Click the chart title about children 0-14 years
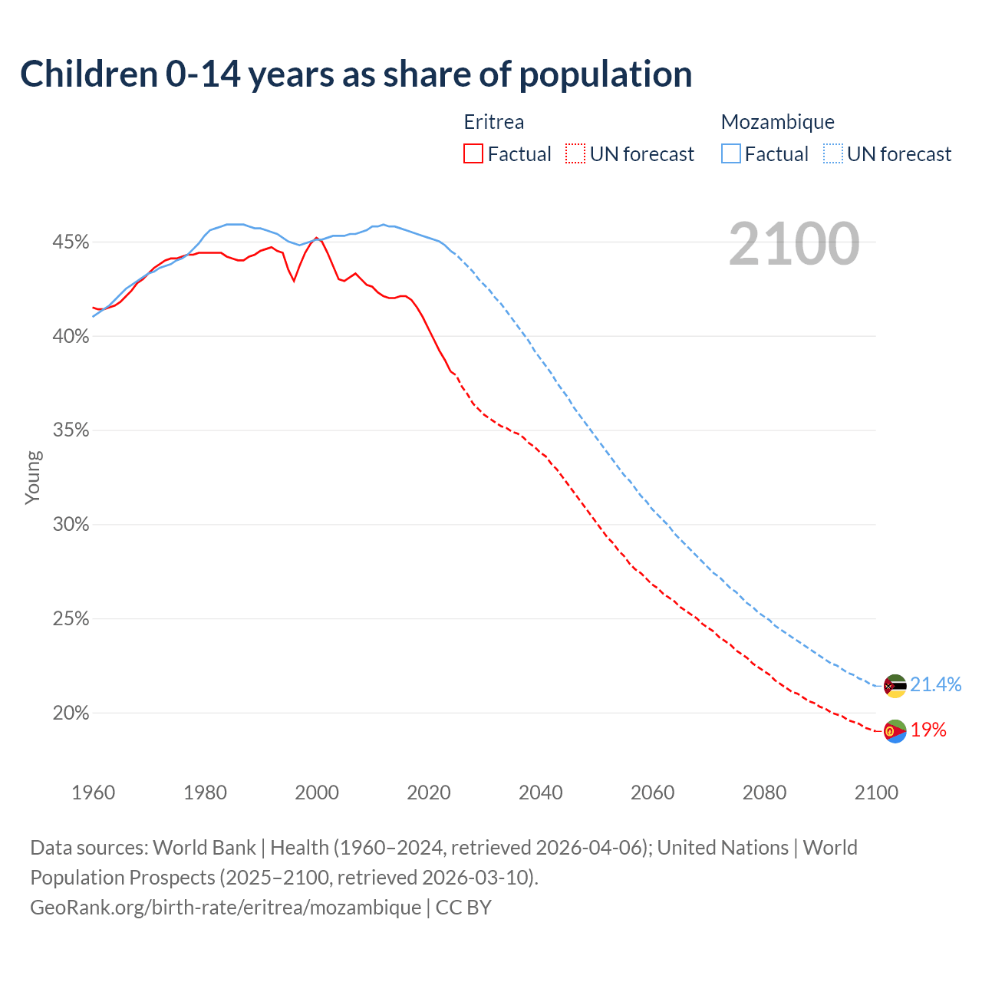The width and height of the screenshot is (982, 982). [356, 74]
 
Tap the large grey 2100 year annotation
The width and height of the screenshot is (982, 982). [794, 244]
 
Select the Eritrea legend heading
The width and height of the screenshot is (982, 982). [493, 122]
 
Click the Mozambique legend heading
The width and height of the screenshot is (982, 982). [777, 122]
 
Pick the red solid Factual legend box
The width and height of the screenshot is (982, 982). [473, 154]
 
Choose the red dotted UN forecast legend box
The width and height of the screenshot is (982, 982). [575, 154]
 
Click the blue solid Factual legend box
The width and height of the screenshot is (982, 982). [731, 154]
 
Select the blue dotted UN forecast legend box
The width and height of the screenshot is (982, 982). [833, 154]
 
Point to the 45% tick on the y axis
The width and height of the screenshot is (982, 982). [71, 242]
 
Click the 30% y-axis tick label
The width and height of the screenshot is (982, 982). [71, 525]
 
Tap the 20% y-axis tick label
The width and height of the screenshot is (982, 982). [71, 713]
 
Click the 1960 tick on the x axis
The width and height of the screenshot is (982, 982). [93, 793]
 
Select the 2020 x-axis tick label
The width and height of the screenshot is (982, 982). [429, 793]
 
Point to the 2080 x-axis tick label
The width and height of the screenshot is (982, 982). [764, 793]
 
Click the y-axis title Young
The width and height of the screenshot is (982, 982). [33, 477]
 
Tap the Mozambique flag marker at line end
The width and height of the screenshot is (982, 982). [895, 686]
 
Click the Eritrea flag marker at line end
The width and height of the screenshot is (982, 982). [895, 731]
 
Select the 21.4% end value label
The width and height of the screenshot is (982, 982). [935, 684]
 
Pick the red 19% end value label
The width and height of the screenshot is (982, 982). [928, 730]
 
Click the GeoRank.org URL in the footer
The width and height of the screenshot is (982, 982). [226, 908]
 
